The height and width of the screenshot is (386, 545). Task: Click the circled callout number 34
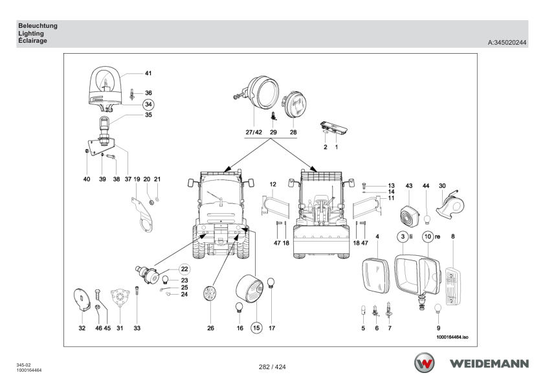[148, 104]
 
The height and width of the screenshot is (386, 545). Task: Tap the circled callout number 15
[256, 328]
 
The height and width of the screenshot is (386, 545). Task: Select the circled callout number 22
[184, 269]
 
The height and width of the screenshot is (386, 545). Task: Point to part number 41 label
[148, 73]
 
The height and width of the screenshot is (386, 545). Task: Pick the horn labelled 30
[450, 205]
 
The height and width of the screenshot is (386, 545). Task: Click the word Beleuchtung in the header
[38, 25]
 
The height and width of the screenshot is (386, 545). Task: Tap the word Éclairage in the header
[32, 41]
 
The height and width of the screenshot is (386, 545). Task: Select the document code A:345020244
[507, 43]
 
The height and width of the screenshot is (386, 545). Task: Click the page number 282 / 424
[272, 367]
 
